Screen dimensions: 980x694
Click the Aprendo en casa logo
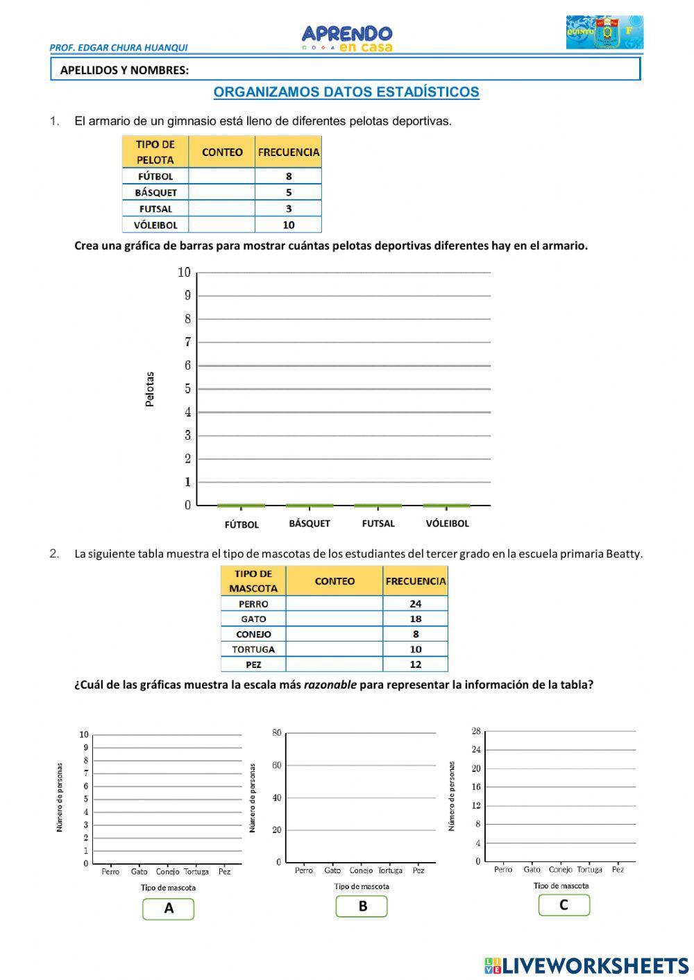pos(347,38)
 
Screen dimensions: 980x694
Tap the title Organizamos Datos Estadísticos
pos(346,92)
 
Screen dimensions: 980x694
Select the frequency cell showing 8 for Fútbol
pos(289,176)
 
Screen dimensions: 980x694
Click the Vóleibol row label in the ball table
pos(155,225)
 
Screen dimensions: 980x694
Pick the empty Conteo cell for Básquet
pos(221,192)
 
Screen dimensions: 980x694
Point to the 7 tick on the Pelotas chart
pos(187,342)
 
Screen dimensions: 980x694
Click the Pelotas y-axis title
pos(150,389)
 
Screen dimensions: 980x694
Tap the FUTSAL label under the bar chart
pos(378,524)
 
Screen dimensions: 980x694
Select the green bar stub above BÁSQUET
pos(310,505)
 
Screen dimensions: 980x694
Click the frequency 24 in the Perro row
pos(415,603)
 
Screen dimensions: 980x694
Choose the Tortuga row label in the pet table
pos(253,649)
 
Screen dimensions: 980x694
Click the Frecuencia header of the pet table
pos(415,581)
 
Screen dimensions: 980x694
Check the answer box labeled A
pos(168,909)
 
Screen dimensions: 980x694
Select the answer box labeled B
pos(362,906)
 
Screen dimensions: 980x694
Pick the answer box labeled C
pos(564,905)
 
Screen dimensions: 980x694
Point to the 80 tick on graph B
pos(276,732)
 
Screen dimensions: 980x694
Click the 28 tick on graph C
pos(476,731)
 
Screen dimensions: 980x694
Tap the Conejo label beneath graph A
pos(168,872)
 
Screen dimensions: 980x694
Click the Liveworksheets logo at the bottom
pos(586,965)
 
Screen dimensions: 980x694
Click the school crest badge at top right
pos(604,33)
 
